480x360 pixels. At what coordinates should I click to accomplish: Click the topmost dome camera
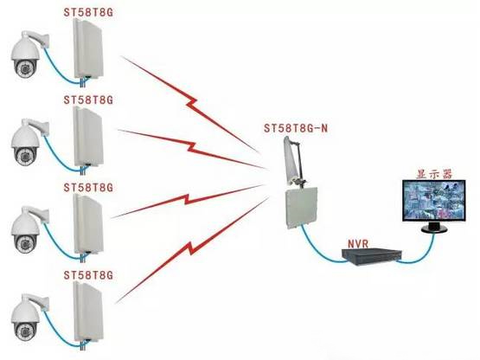click(26, 55)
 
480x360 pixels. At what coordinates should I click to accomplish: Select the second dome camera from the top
click(26, 143)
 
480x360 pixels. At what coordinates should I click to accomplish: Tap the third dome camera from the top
click(26, 230)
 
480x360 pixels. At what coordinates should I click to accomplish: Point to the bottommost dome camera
click(26, 318)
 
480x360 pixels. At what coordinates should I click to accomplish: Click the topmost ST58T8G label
click(88, 12)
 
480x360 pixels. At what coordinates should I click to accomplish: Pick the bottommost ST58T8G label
click(88, 275)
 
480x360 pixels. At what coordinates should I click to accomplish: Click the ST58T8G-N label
click(296, 128)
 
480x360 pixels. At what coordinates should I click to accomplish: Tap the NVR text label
click(358, 243)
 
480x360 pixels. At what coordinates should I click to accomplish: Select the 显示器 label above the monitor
click(434, 174)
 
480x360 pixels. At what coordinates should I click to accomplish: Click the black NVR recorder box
click(372, 256)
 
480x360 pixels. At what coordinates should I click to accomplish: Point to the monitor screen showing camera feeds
click(434, 201)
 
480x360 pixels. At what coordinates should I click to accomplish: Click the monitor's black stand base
click(434, 228)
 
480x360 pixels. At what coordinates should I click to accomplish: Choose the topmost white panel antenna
click(88, 48)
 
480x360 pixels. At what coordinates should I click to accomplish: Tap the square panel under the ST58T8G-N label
click(301, 209)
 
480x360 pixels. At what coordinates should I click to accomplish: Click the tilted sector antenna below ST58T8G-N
click(293, 161)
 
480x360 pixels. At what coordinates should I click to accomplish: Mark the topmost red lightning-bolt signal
click(190, 103)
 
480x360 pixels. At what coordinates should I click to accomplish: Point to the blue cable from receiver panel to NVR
click(318, 250)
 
